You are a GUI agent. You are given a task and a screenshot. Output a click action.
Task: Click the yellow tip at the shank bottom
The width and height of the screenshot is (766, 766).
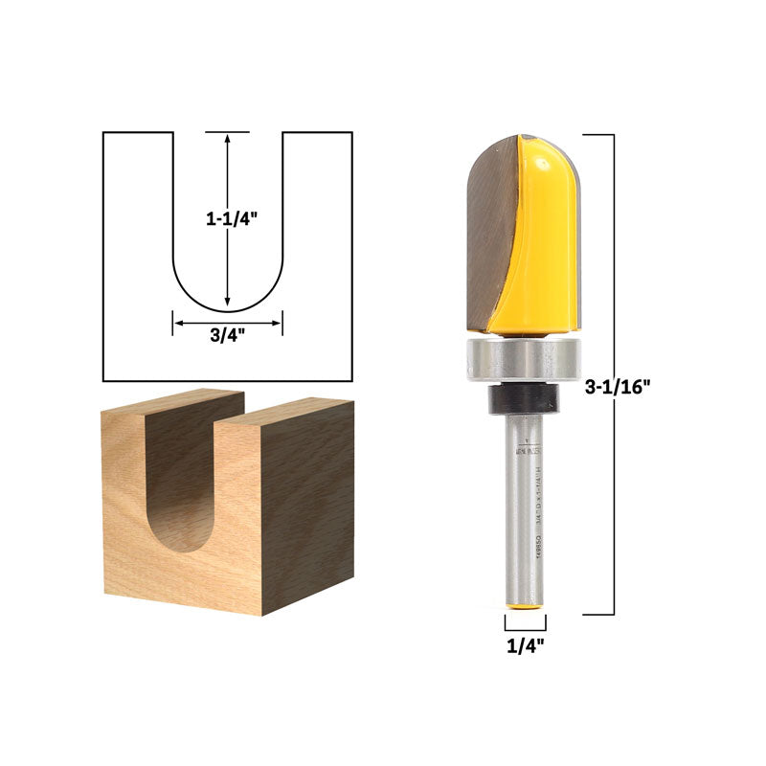(x=525, y=607)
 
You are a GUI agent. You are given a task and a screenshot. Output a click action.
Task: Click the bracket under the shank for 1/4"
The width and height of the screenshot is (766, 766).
(x=525, y=625)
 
